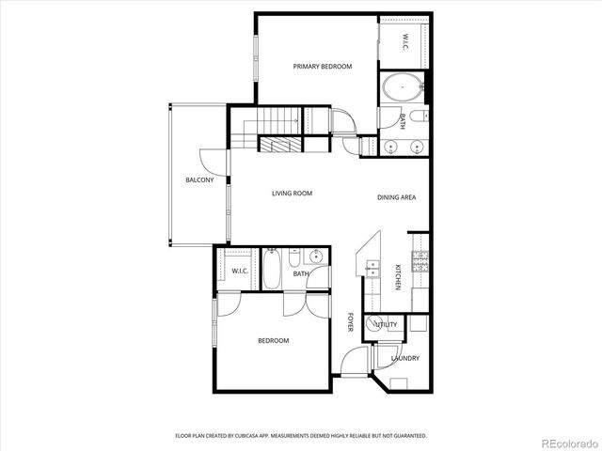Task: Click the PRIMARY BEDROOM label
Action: pyautogui.click(x=322, y=66)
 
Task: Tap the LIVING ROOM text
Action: pyautogui.click(x=292, y=194)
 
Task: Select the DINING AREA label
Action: pyautogui.click(x=396, y=197)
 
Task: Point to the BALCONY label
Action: pyautogui.click(x=198, y=180)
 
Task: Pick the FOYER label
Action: pyautogui.click(x=350, y=322)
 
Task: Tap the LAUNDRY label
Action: pyautogui.click(x=405, y=358)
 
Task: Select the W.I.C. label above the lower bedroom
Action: pyautogui.click(x=240, y=272)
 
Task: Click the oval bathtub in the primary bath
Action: pyautogui.click(x=402, y=91)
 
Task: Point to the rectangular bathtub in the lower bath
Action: pyautogui.click(x=272, y=269)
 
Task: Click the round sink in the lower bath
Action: pyautogui.click(x=317, y=256)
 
